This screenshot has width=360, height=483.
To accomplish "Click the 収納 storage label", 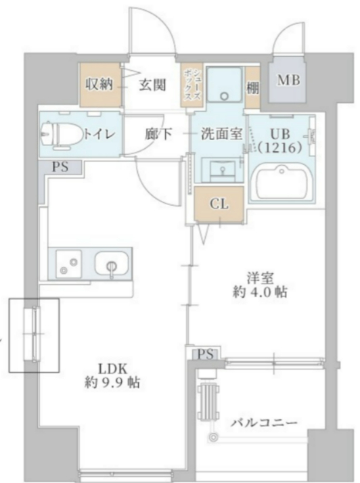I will tap(98, 85).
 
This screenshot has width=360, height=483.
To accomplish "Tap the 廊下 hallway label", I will tap(157, 133).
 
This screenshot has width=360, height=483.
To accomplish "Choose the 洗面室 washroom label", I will tap(221, 133).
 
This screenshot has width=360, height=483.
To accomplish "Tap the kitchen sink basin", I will tap(110, 264).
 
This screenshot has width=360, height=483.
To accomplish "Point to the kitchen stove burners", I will tap(68, 264).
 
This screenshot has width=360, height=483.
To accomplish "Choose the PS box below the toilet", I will tap(59, 167).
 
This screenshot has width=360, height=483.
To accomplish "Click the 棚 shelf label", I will tap(252, 87).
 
